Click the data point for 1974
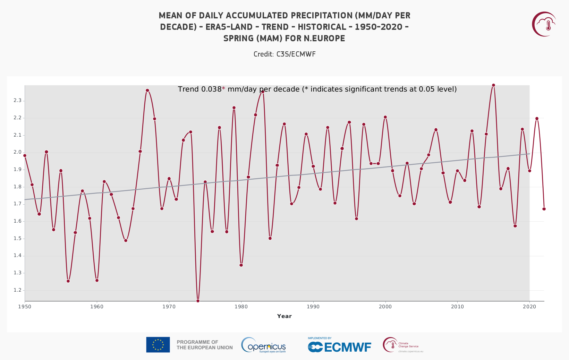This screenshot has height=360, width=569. click(x=198, y=301)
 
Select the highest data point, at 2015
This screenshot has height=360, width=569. click(x=493, y=85)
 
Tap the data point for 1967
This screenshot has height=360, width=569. click(x=147, y=90)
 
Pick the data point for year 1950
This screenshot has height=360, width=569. click(x=25, y=155)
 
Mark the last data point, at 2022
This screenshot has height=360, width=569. click(x=544, y=209)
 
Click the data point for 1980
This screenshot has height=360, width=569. click(x=241, y=265)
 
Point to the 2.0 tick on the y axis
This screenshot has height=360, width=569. click(x=17, y=152)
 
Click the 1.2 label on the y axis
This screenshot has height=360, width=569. click(x=17, y=290)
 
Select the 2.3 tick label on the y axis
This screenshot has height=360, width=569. click(x=17, y=101)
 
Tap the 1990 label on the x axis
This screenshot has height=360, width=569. click(x=313, y=307)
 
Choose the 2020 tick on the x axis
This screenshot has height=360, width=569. click(x=529, y=307)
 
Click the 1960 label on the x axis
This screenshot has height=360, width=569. click(x=97, y=307)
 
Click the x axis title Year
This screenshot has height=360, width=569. click(x=284, y=316)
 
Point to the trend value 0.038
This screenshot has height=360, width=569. click(x=211, y=89)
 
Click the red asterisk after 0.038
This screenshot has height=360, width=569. click(x=223, y=89)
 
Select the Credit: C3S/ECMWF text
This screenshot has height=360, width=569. click(x=284, y=54)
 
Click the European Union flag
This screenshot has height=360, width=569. click(x=158, y=345)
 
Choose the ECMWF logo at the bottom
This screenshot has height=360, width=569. click(x=339, y=346)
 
